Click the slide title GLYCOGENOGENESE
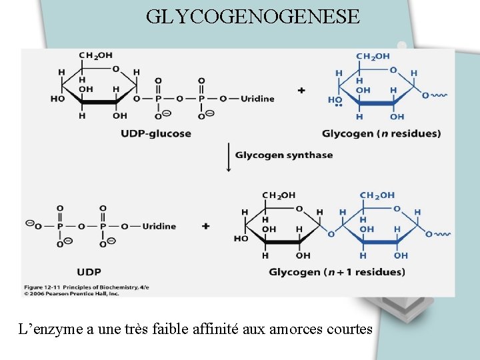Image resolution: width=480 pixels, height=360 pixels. click(x=253, y=16)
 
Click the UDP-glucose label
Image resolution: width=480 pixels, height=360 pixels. click(x=156, y=133)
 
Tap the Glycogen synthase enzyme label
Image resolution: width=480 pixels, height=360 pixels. click(x=283, y=155)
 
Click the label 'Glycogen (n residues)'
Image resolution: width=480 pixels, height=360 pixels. click(x=372, y=133)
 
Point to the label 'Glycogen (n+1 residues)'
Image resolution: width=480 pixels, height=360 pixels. click(x=337, y=272)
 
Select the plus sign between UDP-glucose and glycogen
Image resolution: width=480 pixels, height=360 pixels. click(x=301, y=90)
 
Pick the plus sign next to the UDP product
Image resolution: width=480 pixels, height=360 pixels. click(x=205, y=226)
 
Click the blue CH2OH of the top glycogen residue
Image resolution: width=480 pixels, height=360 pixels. click(x=373, y=57)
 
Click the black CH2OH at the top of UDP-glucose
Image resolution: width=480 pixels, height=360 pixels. click(x=96, y=55)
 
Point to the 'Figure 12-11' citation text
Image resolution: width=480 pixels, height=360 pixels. click(x=47, y=287)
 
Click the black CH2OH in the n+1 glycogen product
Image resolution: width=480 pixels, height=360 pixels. click(x=279, y=195)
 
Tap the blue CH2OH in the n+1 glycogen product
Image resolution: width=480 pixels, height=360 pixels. click(x=377, y=195)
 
